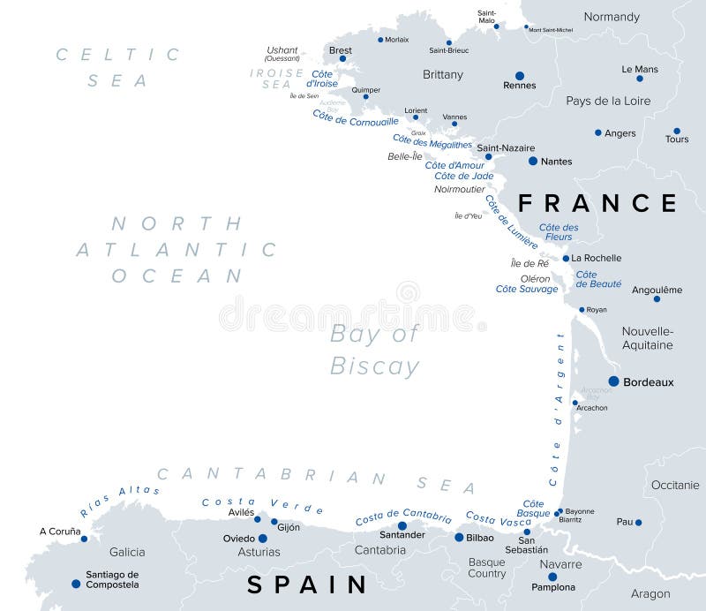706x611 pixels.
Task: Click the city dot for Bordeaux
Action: pyautogui.click(x=613, y=381)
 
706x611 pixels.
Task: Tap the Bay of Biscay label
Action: pyautogui.click(x=374, y=350)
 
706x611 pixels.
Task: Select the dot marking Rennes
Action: pyautogui.click(x=519, y=76)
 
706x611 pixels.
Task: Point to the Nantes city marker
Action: pyautogui.click(x=532, y=161)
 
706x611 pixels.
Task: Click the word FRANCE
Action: pyautogui.click(x=597, y=204)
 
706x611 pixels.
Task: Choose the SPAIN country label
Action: pyautogui.click(x=307, y=585)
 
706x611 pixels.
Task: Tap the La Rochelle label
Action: pyautogui.click(x=597, y=258)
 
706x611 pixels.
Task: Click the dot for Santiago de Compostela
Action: pyautogui.click(x=75, y=583)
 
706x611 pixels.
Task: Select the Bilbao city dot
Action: pyautogui.click(x=459, y=537)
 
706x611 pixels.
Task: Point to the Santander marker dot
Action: pyautogui.click(x=402, y=525)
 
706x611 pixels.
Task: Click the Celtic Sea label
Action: pyautogui.click(x=118, y=67)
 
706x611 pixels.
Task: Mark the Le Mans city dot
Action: pyautogui.click(x=640, y=79)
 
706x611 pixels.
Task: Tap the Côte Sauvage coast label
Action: pyautogui.click(x=527, y=289)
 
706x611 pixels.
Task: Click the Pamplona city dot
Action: pyautogui.click(x=552, y=577)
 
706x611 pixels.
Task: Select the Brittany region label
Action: pyautogui.click(x=443, y=75)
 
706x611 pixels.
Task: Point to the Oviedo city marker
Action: pyautogui.click(x=262, y=538)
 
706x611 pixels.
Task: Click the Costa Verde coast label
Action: pyautogui.click(x=262, y=505)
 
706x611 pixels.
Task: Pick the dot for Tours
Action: pyautogui.click(x=677, y=131)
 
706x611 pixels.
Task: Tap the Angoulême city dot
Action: pyautogui.click(x=657, y=298)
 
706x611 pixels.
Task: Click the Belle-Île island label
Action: pyautogui.click(x=405, y=156)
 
